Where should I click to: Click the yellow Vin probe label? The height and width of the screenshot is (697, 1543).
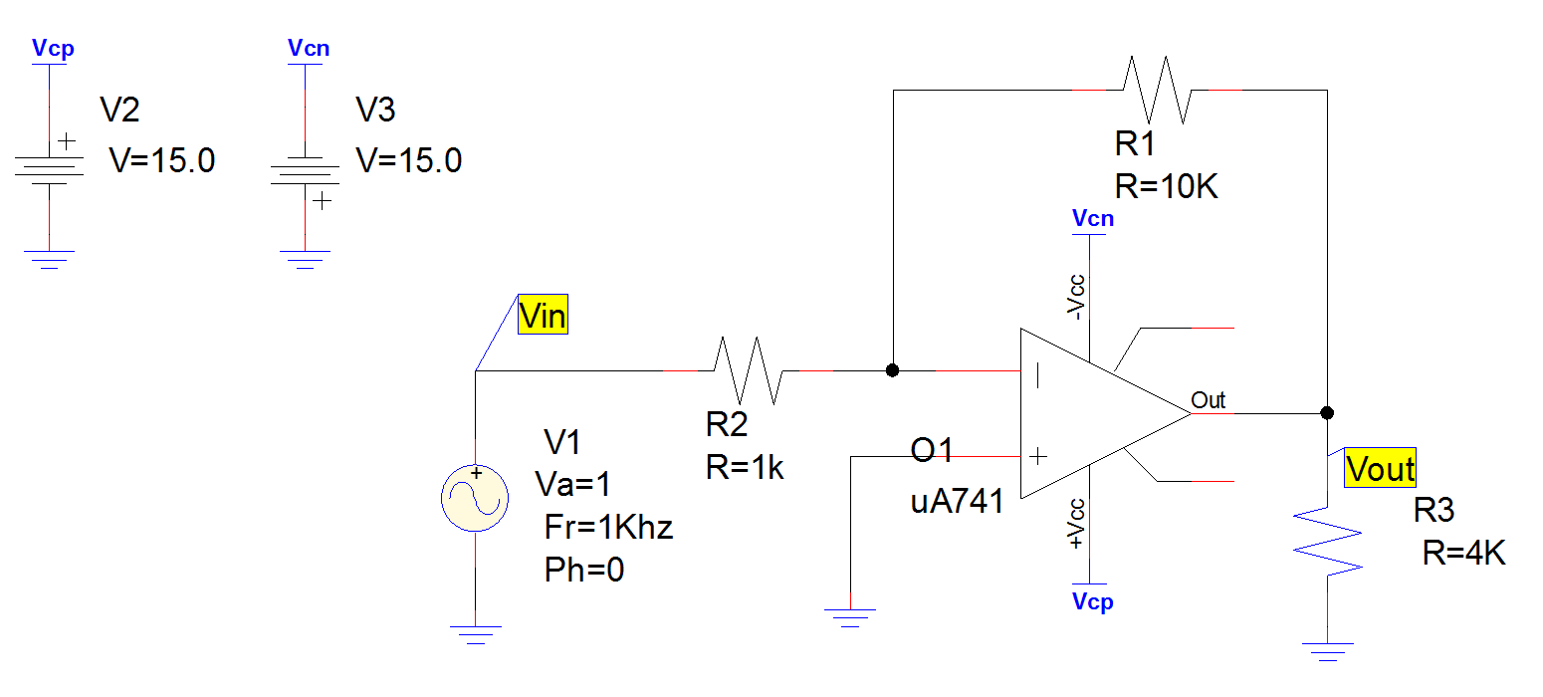pyautogui.click(x=543, y=316)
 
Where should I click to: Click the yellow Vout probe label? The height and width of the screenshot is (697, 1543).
pyautogui.click(x=1379, y=468)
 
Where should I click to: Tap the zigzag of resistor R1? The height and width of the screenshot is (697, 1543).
pyautogui.click(x=1157, y=90)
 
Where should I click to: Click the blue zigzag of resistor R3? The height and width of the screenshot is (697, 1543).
pyautogui.click(x=1327, y=543)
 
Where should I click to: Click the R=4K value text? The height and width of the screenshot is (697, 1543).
pyautogui.click(x=1463, y=553)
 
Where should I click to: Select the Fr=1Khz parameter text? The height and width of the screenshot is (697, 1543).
pyautogui.click(x=608, y=527)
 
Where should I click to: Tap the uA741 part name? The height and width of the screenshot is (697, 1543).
pyautogui.click(x=957, y=501)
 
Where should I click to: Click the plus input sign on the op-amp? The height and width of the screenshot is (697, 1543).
pyautogui.click(x=1036, y=457)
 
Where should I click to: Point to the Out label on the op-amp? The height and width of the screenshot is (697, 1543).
pyautogui.click(x=1209, y=400)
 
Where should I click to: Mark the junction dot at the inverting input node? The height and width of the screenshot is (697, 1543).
pyautogui.click(x=893, y=370)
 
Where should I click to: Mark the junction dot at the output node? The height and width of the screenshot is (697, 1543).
pyautogui.click(x=1327, y=412)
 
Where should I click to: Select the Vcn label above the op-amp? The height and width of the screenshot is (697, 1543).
pyautogui.click(x=1092, y=219)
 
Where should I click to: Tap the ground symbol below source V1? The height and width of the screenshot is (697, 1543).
pyautogui.click(x=475, y=633)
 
